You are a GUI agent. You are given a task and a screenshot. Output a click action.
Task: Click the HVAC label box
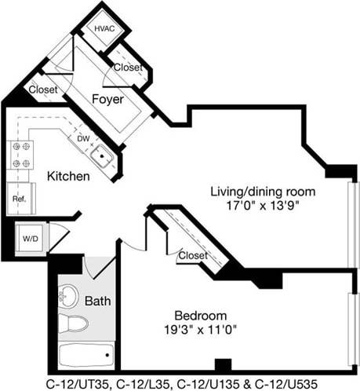click(104, 29)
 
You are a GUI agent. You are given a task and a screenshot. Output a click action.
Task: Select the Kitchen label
click(68, 177)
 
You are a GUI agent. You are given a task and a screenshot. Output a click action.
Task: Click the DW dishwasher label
click(84, 138)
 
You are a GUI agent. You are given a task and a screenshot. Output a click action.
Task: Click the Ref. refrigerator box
click(19, 199)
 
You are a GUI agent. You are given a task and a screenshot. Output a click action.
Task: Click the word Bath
click(98, 301)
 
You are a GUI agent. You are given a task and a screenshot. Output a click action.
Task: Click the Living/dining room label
click(263, 192)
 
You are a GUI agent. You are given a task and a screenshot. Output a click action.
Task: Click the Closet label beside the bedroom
click(193, 256)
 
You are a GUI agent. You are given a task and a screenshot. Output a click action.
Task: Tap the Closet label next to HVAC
click(128, 68)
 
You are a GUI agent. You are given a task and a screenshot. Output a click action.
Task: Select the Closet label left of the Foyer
click(42, 90)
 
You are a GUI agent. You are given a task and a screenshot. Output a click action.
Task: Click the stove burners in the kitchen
click(20, 155)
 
